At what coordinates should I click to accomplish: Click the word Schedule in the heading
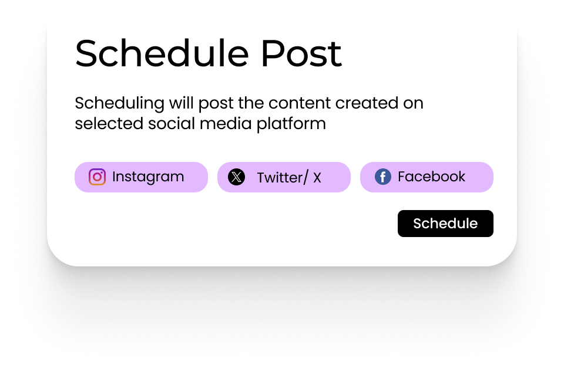click(162, 53)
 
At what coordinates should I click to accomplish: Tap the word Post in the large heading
click(301, 53)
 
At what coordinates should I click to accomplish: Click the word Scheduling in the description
click(119, 103)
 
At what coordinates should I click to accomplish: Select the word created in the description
click(367, 103)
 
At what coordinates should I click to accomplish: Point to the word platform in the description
click(291, 124)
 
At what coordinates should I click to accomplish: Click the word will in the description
click(182, 103)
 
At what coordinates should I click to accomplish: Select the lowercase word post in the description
click(216, 104)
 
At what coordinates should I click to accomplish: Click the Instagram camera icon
click(97, 177)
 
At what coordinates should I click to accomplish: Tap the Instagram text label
click(148, 177)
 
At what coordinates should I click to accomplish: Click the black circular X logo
click(237, 177)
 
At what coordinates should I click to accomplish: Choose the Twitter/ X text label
click(289, 177)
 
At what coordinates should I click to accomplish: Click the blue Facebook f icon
click(383, 177)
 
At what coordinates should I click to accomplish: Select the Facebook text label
click(431, 177)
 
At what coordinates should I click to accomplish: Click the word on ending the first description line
click(413, 104)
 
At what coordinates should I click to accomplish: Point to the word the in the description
click(251, 103)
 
